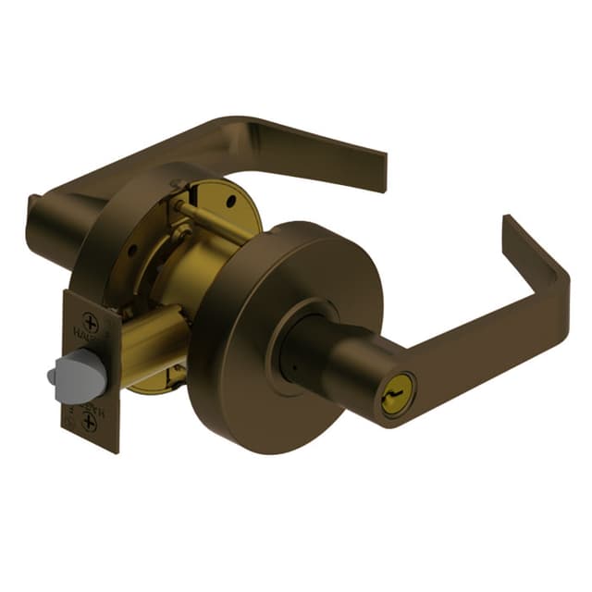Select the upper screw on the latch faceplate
click(x=91, y=324)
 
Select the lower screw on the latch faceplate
click(x=89, y=423)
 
